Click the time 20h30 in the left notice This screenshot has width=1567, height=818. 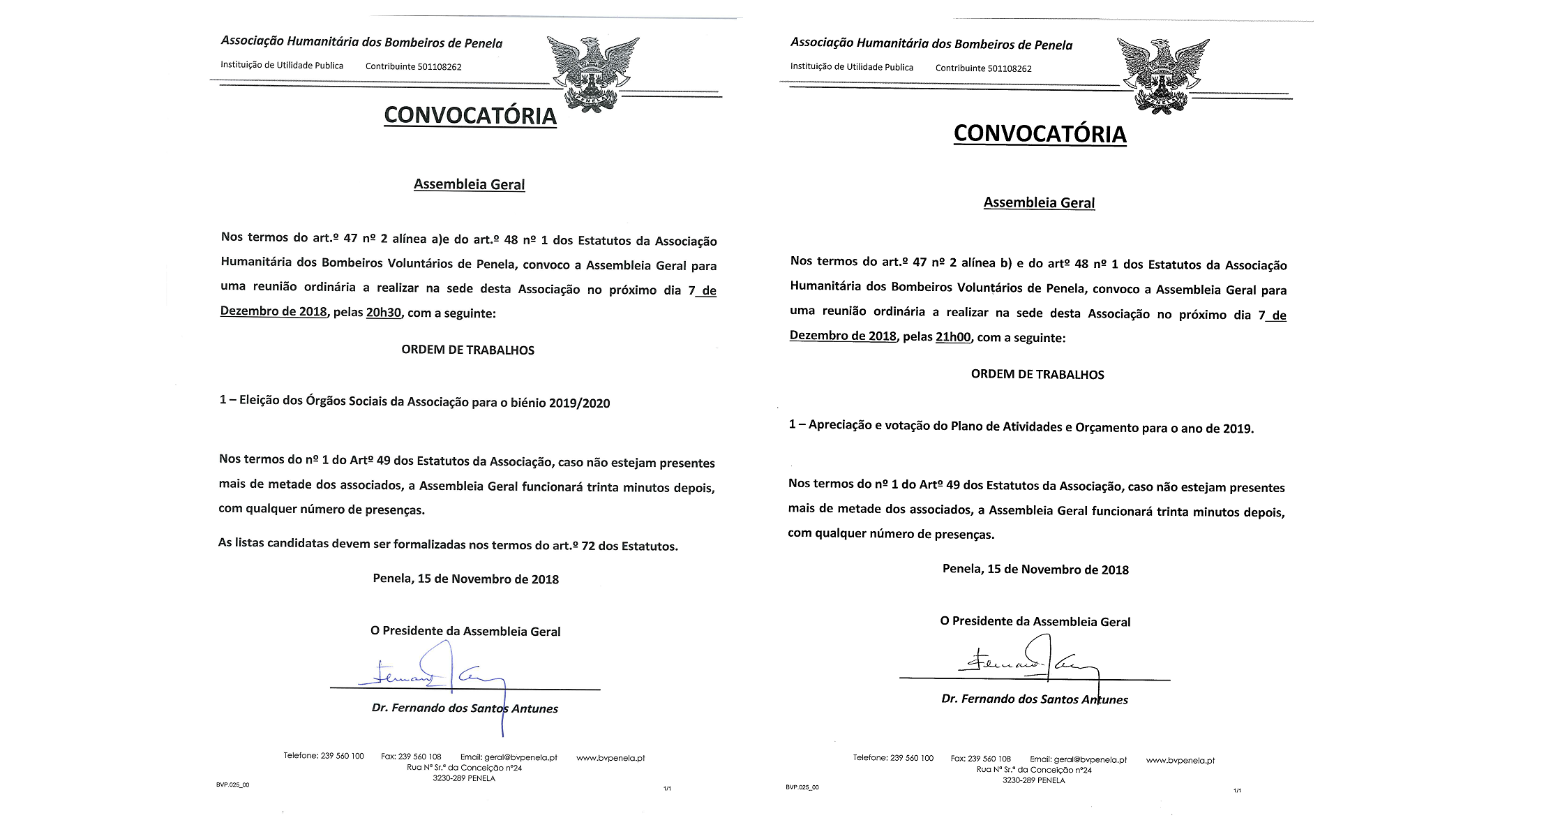pos(384,313)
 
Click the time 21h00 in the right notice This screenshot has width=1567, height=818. pos(953,337)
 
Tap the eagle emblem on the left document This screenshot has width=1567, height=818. pos(592,73)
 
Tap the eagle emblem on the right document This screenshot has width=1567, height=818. pos(1162,75)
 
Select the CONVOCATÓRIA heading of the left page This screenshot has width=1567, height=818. pos(470,116)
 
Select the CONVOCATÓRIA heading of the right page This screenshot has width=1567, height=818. pos(1040,134)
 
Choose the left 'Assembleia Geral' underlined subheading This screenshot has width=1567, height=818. pos(469,185)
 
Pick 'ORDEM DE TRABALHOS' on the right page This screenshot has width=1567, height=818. pos(1037,375)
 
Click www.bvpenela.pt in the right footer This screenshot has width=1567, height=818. pos(1180,760)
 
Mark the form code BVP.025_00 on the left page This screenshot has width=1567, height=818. pos(232,785)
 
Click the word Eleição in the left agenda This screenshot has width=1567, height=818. pos(260,401)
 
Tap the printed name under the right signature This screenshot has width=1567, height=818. pos(1034,699)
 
